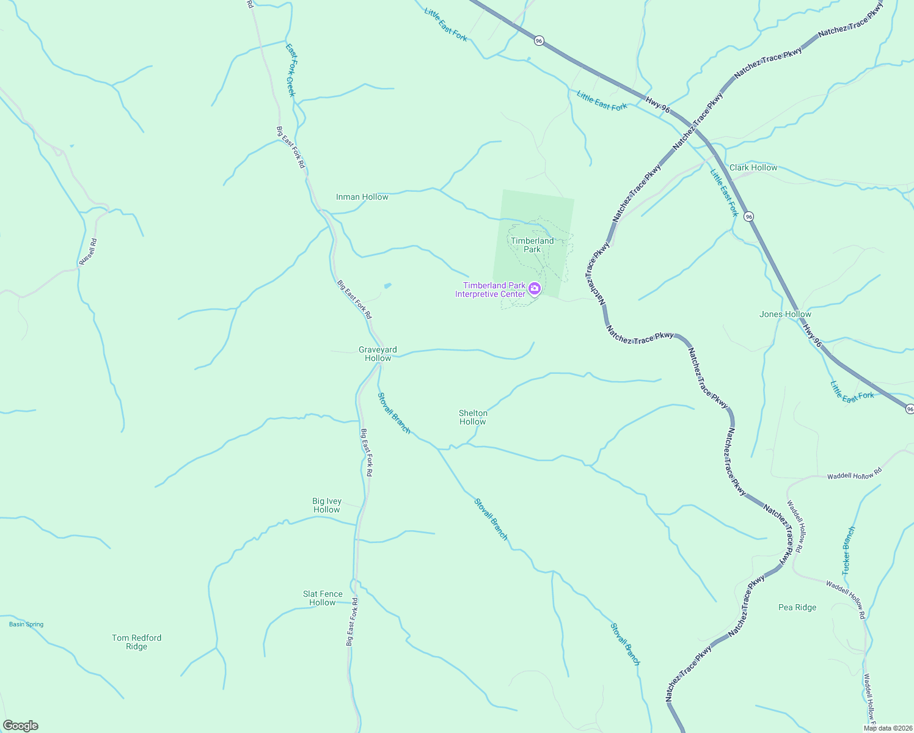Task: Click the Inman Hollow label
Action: (x=362, y=197)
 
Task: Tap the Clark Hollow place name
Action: (x=753, y=167)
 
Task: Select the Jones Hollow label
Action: (x=785, y=314)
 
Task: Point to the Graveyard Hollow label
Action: (x=378, y=354)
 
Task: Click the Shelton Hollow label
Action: (x=473, y=417)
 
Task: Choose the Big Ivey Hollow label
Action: (x=327, y=505)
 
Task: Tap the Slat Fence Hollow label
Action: (x=323, y=598)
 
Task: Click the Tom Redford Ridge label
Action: (x=137, y=642)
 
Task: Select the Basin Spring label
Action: (x=26, y=624)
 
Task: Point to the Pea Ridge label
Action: (x=797, y=607)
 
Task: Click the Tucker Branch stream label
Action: (x=849, y=550)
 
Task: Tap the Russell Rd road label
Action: (x=88, y=251)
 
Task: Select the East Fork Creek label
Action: (x=291, y=70)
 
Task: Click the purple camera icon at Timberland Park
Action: (x=535, y=288)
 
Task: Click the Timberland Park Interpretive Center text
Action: (x=490, y=290)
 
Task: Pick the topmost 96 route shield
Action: (x=538, y=40)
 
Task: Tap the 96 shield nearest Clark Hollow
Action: (x=749, y=216)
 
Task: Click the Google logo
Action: (x=20, y=726)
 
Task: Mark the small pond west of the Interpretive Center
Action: (x=387, y=285)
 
